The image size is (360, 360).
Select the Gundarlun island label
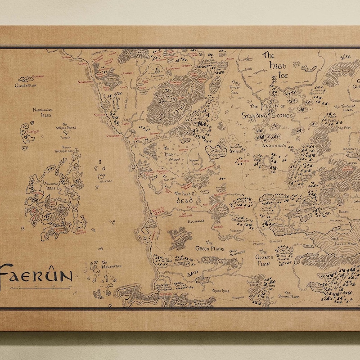(25, 85)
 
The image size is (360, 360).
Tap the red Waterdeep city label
(113, 135)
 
